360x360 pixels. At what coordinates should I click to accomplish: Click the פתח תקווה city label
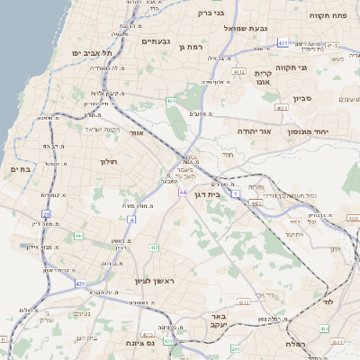328,15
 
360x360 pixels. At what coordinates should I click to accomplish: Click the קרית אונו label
263,77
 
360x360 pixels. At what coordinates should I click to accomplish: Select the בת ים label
20,168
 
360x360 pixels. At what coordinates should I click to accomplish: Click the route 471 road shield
283,42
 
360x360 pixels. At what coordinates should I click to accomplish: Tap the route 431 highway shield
80,283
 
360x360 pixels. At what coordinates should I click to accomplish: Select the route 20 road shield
46,214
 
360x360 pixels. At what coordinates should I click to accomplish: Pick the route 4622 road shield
282,107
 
